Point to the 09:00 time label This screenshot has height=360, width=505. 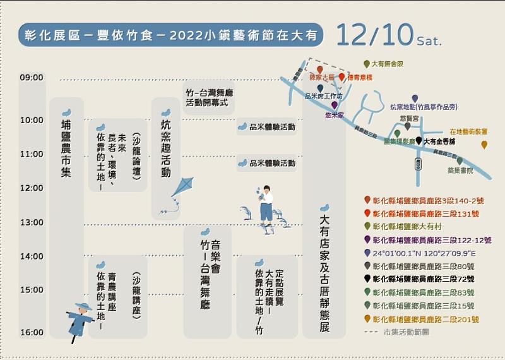32,78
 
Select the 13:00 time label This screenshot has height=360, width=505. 32,222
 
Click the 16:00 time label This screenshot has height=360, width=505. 32,332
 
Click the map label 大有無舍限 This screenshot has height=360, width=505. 387,64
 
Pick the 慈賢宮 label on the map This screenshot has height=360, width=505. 409,117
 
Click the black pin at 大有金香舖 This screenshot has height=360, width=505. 419,141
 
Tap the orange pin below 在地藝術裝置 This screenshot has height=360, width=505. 484,145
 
